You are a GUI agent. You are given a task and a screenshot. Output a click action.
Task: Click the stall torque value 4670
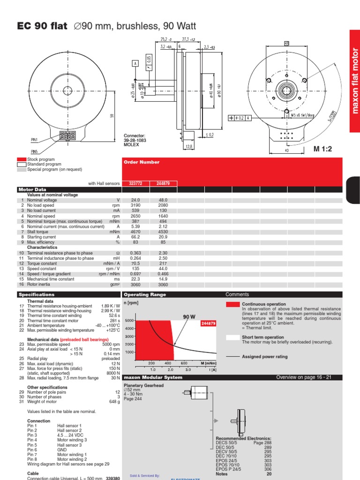(135, 232)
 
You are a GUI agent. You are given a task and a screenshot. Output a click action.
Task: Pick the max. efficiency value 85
(163, 242)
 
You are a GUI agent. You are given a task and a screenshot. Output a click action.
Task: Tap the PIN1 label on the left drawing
(35, 140)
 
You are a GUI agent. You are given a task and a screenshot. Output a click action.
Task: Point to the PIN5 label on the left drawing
(35, 151)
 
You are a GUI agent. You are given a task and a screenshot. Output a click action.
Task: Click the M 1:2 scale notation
(322, 149)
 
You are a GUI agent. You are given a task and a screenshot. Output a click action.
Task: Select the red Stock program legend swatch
(21, 160)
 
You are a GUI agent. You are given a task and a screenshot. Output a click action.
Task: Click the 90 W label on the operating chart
(189, 317)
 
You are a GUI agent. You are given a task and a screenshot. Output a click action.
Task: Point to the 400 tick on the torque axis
(168, 363)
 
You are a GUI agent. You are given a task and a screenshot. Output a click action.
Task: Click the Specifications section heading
(36, 294)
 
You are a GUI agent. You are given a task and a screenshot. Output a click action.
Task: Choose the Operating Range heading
(144, 294)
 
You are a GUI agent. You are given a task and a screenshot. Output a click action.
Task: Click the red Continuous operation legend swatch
(232, 304)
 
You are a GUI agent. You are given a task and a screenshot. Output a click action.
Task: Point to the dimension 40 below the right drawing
(286, 151)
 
